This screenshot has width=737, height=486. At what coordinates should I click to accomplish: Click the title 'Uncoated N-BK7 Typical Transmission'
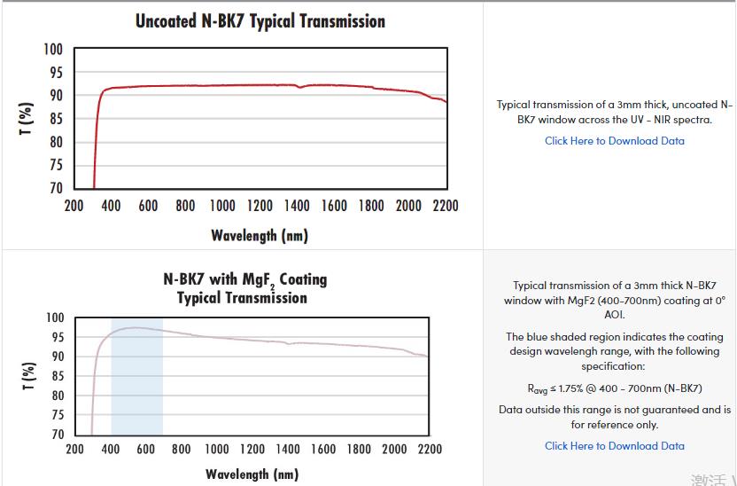pos(260,20)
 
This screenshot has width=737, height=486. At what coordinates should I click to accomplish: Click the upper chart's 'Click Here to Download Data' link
pos(614,140)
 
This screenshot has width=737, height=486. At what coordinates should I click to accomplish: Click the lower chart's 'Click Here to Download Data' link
pos(614,446)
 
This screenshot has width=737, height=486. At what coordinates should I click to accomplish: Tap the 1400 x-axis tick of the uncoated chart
pos(297,206)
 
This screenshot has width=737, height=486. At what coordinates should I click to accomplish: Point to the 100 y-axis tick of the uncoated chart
pos(53,49)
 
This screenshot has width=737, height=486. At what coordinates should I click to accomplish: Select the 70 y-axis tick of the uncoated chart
pos(55,188)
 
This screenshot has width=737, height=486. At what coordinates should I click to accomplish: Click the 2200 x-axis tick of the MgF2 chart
pos(429,449)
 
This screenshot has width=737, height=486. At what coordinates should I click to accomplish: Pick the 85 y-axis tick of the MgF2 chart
pos(56,375)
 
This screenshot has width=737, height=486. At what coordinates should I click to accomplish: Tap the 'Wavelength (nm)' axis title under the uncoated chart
pos(260,235)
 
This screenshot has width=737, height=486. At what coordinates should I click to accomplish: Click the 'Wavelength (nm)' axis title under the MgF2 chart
pos(252,474)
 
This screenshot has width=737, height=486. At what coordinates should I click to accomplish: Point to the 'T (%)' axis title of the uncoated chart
pos(27,118)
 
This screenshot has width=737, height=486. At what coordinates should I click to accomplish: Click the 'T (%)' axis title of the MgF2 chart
pos(28,376)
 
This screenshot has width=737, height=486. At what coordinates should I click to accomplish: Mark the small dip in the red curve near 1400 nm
pos(299,87)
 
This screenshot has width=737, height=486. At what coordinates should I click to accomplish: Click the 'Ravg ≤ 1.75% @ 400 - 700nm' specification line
pos(614,388)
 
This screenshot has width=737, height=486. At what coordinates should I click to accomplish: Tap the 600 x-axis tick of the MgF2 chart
pos(145,449)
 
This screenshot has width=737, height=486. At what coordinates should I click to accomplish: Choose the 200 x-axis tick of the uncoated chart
pos(74,206)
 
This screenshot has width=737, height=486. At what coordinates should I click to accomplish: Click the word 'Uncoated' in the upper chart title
pos(166,20)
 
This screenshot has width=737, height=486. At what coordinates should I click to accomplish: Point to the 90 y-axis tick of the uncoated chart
pos(55,95)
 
